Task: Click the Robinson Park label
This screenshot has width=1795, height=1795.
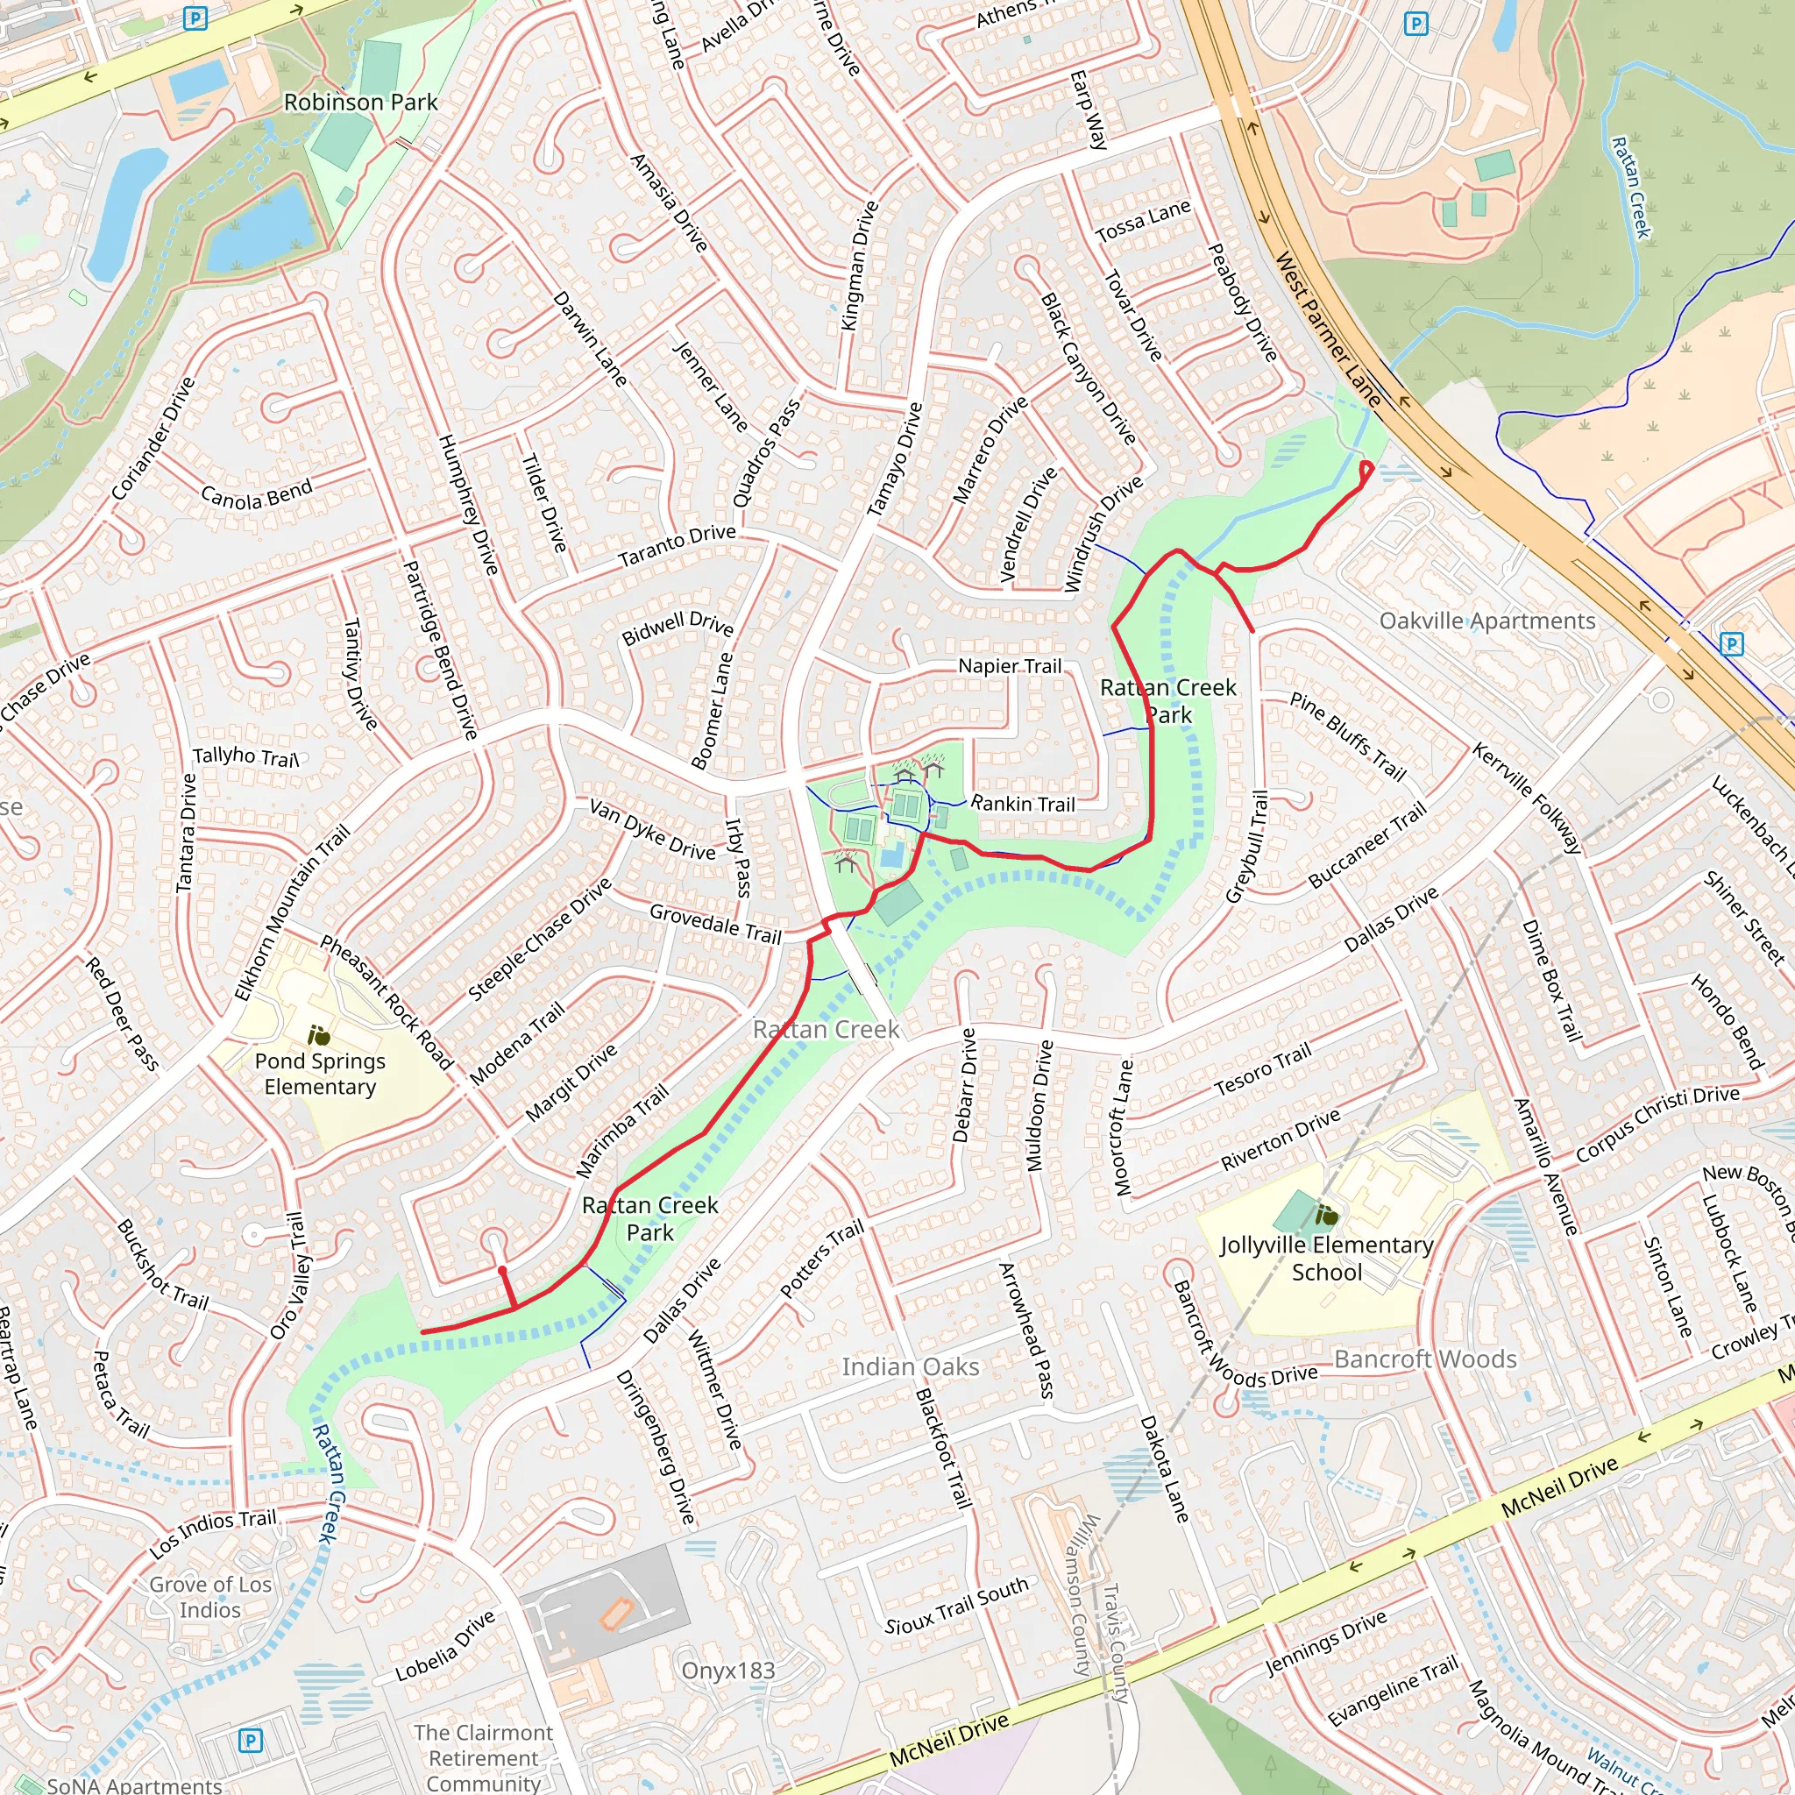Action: click(x=359, y=103)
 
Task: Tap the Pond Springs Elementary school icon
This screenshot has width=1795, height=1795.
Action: click(x=319, y=1035)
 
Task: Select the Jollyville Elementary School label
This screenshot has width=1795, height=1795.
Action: click(x=1326, y=1258)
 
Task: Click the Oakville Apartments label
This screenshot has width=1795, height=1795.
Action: click(x=1486, y=621)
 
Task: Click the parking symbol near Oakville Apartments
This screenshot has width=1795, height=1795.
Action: click(x=1731, y=643)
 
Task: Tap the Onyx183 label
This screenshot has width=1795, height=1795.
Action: click(x=727, y=1671)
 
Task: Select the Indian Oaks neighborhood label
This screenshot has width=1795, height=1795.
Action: click(x=910, y=1366)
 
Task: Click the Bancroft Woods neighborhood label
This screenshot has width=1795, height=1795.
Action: click(x=1425, y=1359)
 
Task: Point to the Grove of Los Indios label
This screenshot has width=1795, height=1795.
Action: click(x=211, y=1597)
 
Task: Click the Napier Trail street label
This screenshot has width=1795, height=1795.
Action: click(x=1009, y=665)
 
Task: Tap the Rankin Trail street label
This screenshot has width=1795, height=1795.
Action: click(x=1022, y=804)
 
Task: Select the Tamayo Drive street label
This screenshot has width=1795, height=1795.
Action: click(x=894, y=459)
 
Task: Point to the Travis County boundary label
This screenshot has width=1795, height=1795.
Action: click(x=1114, y=1643)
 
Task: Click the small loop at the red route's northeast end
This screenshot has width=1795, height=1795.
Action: click(x=1366, y=470)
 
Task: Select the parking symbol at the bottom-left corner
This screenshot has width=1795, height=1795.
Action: click(x=250, y=1740)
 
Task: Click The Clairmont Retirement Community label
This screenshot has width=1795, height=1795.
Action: click(x=483, y=1758)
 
